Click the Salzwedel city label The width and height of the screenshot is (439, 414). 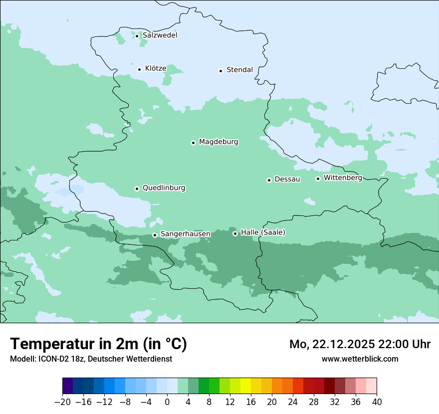(160, 35)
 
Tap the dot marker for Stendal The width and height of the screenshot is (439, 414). (220, 71)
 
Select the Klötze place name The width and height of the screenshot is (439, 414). (156, 68)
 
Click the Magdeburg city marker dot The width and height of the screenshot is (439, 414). (193, 143)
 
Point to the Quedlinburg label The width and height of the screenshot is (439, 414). (164, 188)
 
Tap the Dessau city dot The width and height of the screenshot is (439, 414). (269, 180)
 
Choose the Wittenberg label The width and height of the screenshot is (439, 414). (343, 178)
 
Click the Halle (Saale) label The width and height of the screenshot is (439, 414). (263, 232)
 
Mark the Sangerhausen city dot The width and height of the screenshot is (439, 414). (155, 235)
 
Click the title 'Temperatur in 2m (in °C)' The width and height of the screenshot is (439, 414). (98, 344)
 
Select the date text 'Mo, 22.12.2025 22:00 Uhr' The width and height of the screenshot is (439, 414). (360, 344)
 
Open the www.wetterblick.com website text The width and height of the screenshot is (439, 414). (360, 359)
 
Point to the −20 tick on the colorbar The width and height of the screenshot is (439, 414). (63, 402)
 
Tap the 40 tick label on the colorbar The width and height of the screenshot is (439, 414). (377, 402)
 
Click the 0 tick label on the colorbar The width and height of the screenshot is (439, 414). (167, 402)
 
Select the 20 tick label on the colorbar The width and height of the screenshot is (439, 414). (272, 402)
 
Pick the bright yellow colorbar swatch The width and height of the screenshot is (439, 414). (245, 386)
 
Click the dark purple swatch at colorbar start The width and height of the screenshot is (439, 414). (68, 386)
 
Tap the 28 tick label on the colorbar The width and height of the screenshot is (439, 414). (314, 402)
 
